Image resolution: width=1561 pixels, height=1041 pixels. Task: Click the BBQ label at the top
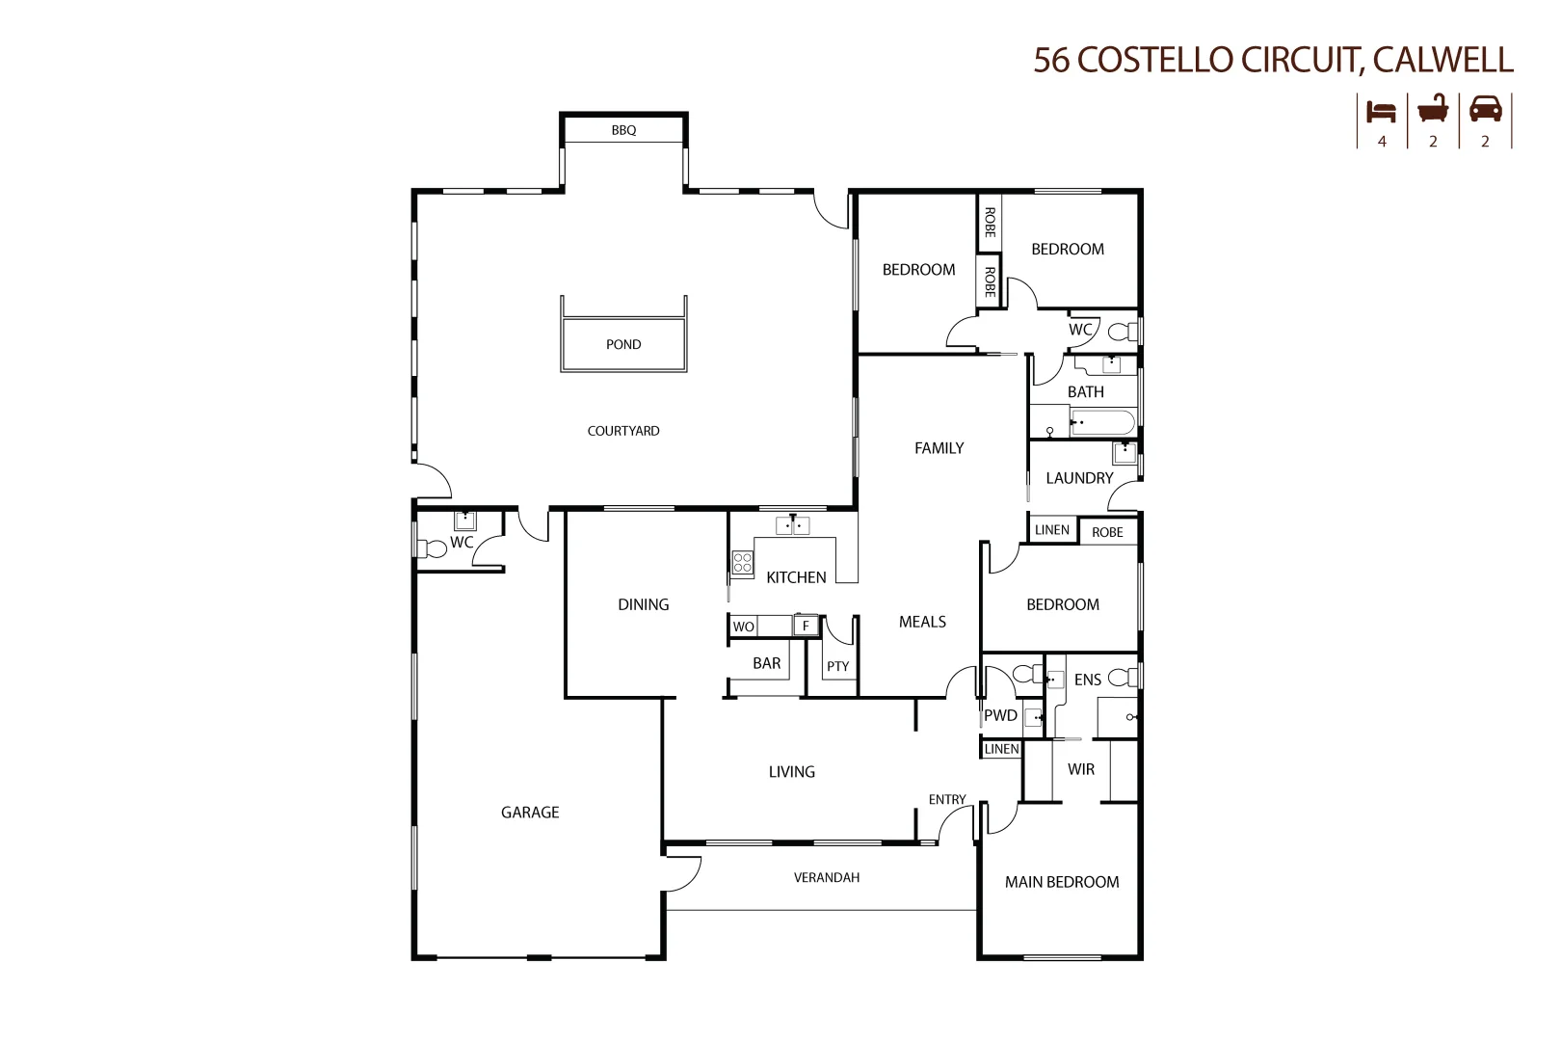[x=623, y=130]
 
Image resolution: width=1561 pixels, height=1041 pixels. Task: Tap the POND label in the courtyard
[x=623, y=344]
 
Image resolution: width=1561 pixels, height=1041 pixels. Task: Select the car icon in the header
[x=1485, y=109]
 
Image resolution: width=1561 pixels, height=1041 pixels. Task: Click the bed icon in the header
[x=1381, y=111]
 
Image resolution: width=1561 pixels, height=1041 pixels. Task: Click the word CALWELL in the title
[x=1442, y=60]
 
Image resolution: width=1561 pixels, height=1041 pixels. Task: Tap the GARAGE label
[x=530, y=813]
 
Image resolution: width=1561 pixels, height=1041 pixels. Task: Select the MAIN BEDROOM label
[x=1062, y=882]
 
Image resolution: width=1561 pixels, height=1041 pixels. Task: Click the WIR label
[x=1081, y=769]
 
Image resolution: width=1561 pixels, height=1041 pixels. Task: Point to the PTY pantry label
[x=837, y=666]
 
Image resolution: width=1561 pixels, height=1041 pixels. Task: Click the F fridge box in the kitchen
[x=806, y=627]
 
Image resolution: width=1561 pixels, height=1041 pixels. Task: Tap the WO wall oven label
[x=743, y=627]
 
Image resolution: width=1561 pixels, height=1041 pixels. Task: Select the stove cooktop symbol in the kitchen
[x=742, y=563]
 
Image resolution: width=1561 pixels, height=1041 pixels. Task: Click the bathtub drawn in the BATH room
[x=1102, y=423]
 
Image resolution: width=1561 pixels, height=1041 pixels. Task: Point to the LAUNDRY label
[x=1079, y=478]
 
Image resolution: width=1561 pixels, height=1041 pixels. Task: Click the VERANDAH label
[x=827, y=878]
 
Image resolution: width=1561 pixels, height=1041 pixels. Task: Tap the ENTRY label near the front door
[x=947, y=800]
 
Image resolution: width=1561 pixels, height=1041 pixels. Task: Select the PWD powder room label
[x=1000, y=715]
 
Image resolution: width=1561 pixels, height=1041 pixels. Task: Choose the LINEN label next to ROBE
[x=1051, y=530]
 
